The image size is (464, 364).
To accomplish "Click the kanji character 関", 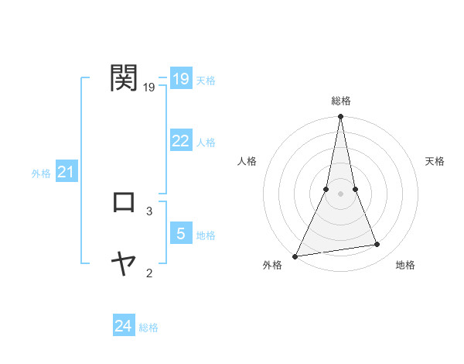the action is click(125, 78).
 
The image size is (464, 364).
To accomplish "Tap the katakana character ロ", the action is click(125, 202).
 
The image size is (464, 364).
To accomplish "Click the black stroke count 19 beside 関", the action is click(149, 88).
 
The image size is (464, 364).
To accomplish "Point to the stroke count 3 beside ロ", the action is click(149, 211).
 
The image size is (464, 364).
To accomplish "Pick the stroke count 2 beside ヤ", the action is click(149, 273).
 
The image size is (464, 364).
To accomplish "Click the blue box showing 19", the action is click(180, 79).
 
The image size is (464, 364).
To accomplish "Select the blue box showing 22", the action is click(180, 141).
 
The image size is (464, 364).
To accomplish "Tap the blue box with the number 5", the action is click(180, 233).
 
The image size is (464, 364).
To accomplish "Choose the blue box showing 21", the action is click(66, 172).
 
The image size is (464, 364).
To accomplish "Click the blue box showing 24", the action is click(124, 326).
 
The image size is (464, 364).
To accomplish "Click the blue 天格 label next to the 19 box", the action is click(206, 81).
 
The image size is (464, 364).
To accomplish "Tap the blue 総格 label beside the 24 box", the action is click(148, 328).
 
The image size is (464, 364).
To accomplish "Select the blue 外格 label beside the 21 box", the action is click(41, 173).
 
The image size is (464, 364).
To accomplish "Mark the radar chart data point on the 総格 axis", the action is click(340, 118).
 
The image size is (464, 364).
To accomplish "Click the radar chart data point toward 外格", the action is click(295, 256).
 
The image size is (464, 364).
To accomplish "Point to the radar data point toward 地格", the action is click(377, 245).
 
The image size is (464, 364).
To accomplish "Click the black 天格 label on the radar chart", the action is click(435, 161).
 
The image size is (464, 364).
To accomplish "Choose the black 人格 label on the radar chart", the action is click(247, 161).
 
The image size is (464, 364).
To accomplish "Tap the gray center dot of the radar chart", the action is click(340, 194).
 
